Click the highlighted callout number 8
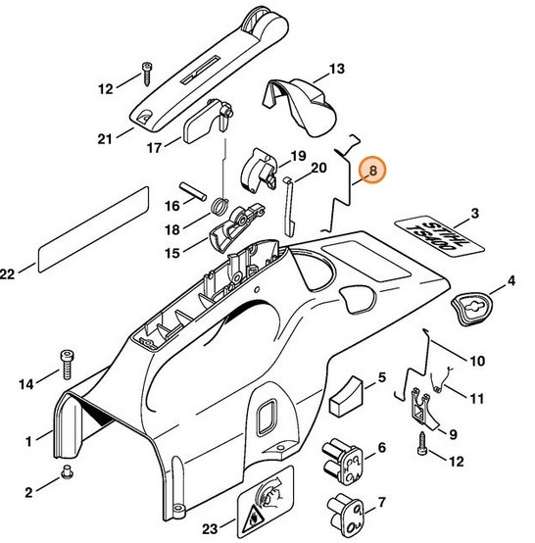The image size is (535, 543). point(372,172)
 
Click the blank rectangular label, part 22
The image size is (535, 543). point(88,229)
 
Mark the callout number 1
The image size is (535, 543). point(31,440)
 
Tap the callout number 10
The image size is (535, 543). point(476,361)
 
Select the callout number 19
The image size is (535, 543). point(298,156)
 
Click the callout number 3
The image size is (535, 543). point(474,213)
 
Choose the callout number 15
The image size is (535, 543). point(172,253)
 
